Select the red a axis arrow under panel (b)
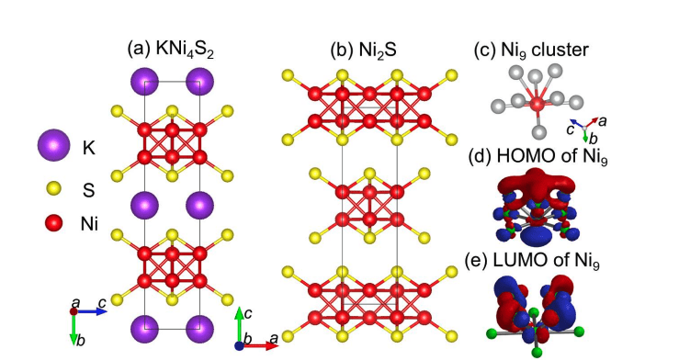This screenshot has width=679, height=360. tap(257, 346)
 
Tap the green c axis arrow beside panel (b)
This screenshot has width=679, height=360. tap(240, 327)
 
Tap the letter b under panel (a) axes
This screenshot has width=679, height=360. tap(83, 341)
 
